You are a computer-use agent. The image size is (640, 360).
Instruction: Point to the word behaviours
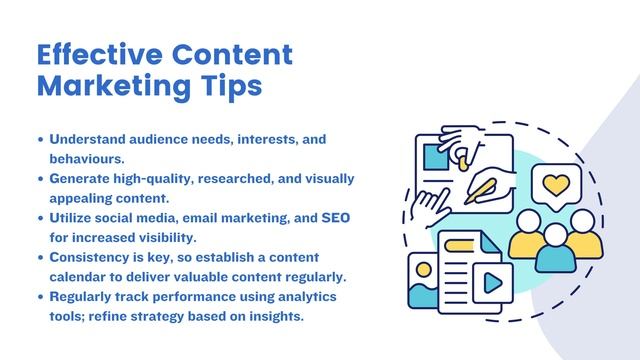pos(86,158)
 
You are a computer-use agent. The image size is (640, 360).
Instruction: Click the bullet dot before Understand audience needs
pos(40,139)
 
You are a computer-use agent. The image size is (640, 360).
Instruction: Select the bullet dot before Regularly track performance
pos(40,298)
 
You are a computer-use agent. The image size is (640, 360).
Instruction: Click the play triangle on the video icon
pos(491,283)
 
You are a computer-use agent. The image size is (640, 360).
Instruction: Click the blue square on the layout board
pos(436,157)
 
